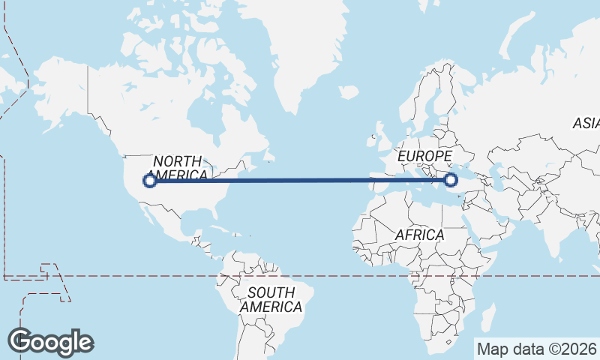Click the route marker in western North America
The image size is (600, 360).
tap(150, 180)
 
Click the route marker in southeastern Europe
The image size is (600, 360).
tap(451, 179)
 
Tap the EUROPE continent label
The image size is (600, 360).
tap(425, 156)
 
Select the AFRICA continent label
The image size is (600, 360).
tap(419, 235)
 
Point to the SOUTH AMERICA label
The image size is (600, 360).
tap(271, 299)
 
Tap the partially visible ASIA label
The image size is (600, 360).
tap(586, 123)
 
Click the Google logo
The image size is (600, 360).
tap(51, 342)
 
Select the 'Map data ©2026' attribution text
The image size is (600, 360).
tap(536, 349)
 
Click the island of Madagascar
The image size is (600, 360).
tap(488, 317)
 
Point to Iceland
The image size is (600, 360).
tap(348, 92)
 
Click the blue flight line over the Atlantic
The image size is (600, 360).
tap(300, 180)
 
